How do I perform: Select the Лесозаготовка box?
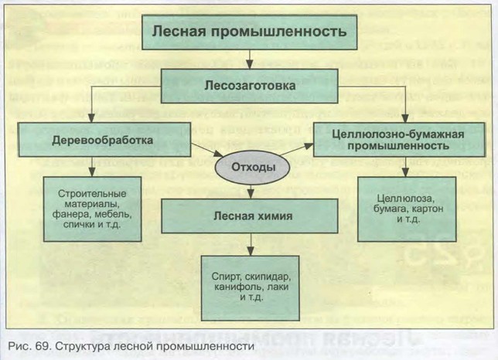click(x=249, y=87)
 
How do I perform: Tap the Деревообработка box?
click(x=92, y=141)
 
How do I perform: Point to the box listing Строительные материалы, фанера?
click(x=90, y=209)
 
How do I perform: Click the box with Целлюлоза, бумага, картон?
click(x=405, y=209)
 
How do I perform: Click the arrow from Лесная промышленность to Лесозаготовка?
click(x=249, y=59)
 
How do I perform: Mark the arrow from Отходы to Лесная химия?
click(x=249, y=191)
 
